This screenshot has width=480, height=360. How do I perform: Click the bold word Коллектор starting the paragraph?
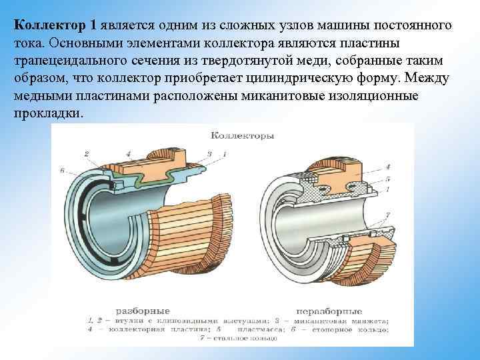(x=49, y=25)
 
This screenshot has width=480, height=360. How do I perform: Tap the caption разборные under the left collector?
(x=143, y=311)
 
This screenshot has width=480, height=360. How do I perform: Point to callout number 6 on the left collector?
(x=61, y=171)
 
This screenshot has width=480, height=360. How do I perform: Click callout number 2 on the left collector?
(x=86, y=155)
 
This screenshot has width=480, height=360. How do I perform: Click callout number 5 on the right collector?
(x=387, y=179)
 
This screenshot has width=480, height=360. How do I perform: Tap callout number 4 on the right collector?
(x=387, y=166)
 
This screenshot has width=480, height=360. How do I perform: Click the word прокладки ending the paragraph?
(x=48, y=113)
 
